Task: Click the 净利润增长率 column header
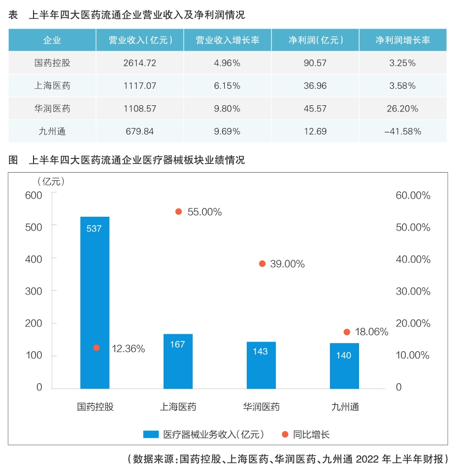pyautogui.click(x=403, y=40)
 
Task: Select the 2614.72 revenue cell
pyautogui.click(x=140, y=63)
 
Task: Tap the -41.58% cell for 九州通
pyautogui.click(x=403, y=131)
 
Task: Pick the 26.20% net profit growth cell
pyautogui.click(x=403, y=109)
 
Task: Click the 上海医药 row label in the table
pyautogui.click(x=52, y=86)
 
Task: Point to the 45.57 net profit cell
pyautogui.click(x=316, y=109)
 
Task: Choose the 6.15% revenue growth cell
pyautogui.click(x=227, y=86)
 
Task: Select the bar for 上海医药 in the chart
pyautogui.click(x=178, y=361)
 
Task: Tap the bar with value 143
pyautogui.click(x=261, y=365)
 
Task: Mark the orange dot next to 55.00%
pyautogui.click(x=178, y=212)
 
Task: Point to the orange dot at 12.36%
pyautogui.click(x=96, y=347)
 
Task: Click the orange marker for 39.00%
pyautogui.click(x=262, y=264)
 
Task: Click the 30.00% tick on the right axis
pyautogui.click(x=412, y=291)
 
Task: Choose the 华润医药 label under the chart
pyautogui.click(x=262, y=408)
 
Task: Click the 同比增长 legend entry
pyautogui.click(x=311, y=434)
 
